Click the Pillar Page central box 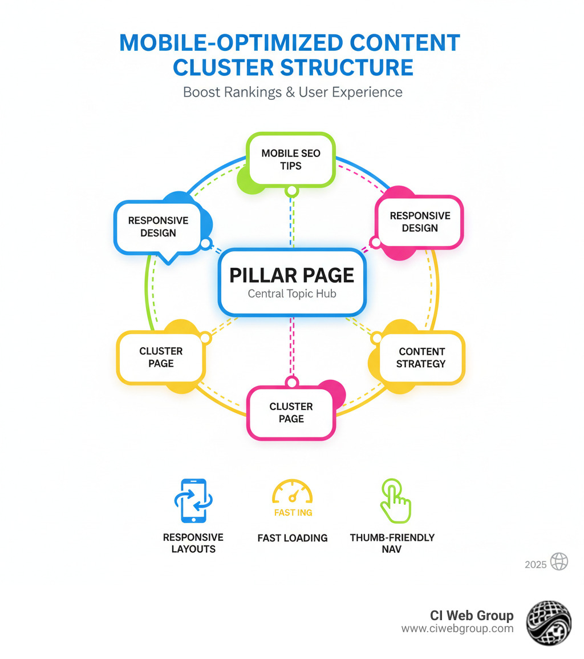292,282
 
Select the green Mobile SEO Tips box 291,159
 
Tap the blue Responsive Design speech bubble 158,227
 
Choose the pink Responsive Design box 420,222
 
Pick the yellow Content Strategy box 421,357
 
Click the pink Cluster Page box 291,412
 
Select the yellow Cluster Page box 161,357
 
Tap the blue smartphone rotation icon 193,501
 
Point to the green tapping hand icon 395,501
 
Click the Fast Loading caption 293,538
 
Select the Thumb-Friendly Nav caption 392,543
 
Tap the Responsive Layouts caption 193,543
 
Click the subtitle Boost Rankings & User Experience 293,92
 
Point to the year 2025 536,565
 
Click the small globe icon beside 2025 559,562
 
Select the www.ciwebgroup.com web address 457,629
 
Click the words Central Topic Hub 292,295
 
